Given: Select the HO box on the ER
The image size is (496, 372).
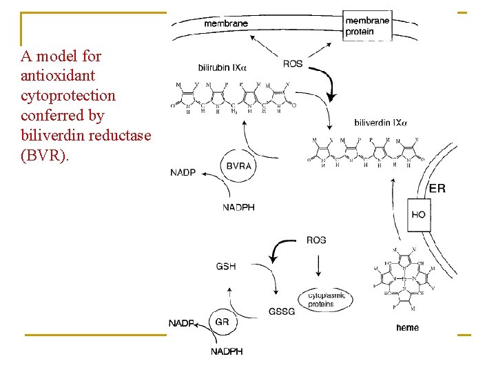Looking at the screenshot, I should pyautogui.click(x=418, y=214).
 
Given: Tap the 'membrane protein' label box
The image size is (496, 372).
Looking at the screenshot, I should pyautogui.click(x=366, y=26).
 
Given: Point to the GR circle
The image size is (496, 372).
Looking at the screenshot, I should pyautogui.click(x=223, y=322).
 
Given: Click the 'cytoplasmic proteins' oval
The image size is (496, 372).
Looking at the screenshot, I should pyautogui.click(x=320, y=300).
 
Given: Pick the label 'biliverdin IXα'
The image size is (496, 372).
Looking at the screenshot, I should pyautogui.click(x=380, y=123).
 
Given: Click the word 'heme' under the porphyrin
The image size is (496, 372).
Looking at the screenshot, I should pyautogui.click(x=407, y=327).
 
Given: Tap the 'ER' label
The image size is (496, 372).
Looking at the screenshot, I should pyautogui.click(x=437, y=188).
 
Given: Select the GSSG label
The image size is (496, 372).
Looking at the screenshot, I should pyautogui.click(x=282, y=311).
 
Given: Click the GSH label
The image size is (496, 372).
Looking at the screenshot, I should pyautogui.click(x=225, y=266).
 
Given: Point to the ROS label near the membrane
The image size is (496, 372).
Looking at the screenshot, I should pyautogui.click(x=293, y=64).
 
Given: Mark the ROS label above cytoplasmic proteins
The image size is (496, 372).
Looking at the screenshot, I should pyautogui.click(x=316, y=240).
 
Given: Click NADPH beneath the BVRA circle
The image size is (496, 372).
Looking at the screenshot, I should pyautogui.click(x=238, y=207).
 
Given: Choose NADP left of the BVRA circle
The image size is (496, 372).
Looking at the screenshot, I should pyautogui.click(x=183, y=172).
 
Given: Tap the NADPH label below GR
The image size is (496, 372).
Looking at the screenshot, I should pyautogui.click(x=227, y=352).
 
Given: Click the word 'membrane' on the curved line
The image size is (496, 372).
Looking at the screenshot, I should pyautogui.click(x=226, y=23).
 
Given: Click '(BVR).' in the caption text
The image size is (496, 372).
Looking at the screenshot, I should pyautogui.click(x=45, y=155).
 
